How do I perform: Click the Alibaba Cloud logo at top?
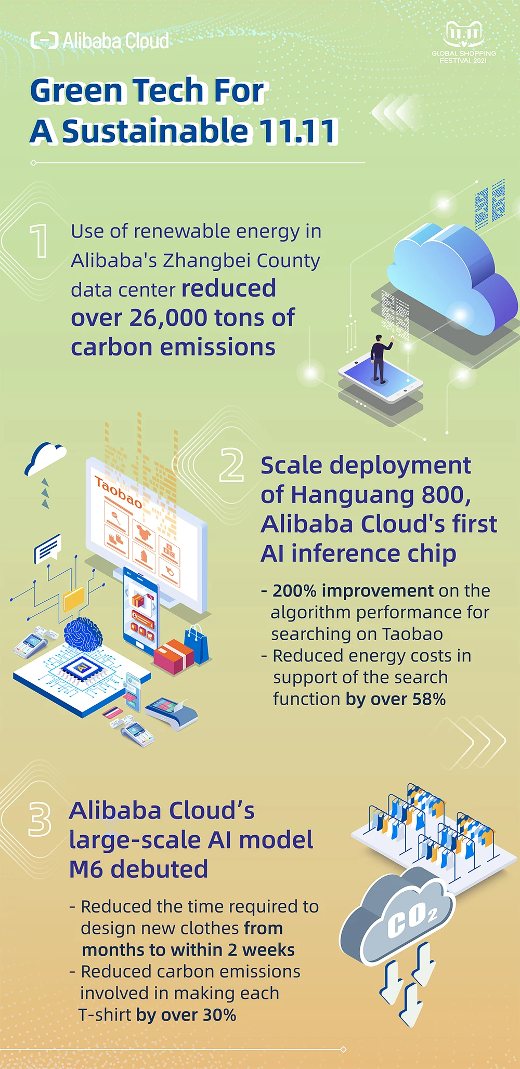(100, 41)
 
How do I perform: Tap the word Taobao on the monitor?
(118, 493)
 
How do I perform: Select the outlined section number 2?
(231, 465)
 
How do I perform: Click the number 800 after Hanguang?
(443, 495)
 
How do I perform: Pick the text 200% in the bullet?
(294, 591)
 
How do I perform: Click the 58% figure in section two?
(429, 699)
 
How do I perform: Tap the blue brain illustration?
(83, 634)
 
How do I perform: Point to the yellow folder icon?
(74, 599)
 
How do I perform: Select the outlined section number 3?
(40, 820)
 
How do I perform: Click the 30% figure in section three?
(219, 1015)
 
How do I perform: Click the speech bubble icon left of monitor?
(48, 549)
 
